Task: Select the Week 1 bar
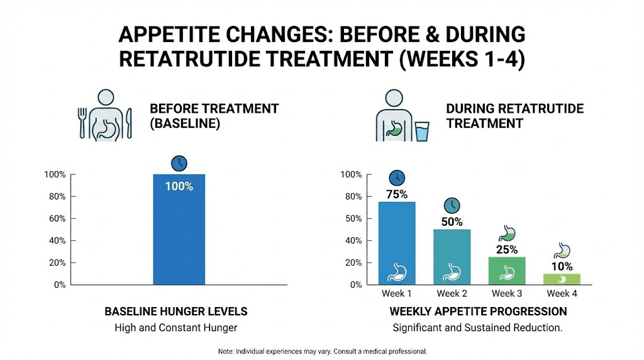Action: click(x=397, y=242)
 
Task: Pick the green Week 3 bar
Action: click(x=507, y=270)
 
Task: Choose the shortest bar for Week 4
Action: click(x=562, y=279)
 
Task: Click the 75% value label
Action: click(x=397, y=194)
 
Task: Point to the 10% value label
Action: click(x=562, y=266)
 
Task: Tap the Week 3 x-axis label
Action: click(x=507, y=294)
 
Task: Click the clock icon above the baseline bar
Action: click(x=179, y=164)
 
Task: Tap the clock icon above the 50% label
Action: click(x=452, y=205)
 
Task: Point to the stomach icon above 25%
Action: click(x=507, y=233)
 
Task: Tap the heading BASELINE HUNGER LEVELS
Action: click(x=175, y=312)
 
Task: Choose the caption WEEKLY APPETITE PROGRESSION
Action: click(x=478, y=312)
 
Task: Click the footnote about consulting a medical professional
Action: click(x=322, y=351)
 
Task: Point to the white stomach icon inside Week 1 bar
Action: click(x=397, y=272)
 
